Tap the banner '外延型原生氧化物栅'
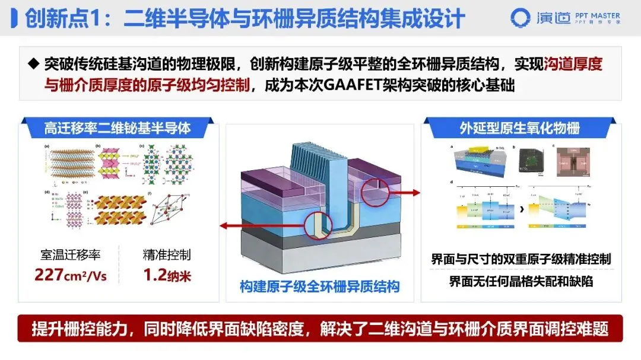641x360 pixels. point(519,128)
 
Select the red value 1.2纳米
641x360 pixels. point(167,275)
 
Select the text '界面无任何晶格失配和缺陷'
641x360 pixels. point(521,282)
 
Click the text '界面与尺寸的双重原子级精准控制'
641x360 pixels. point(521,259)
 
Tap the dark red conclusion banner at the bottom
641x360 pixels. point(320,329)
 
